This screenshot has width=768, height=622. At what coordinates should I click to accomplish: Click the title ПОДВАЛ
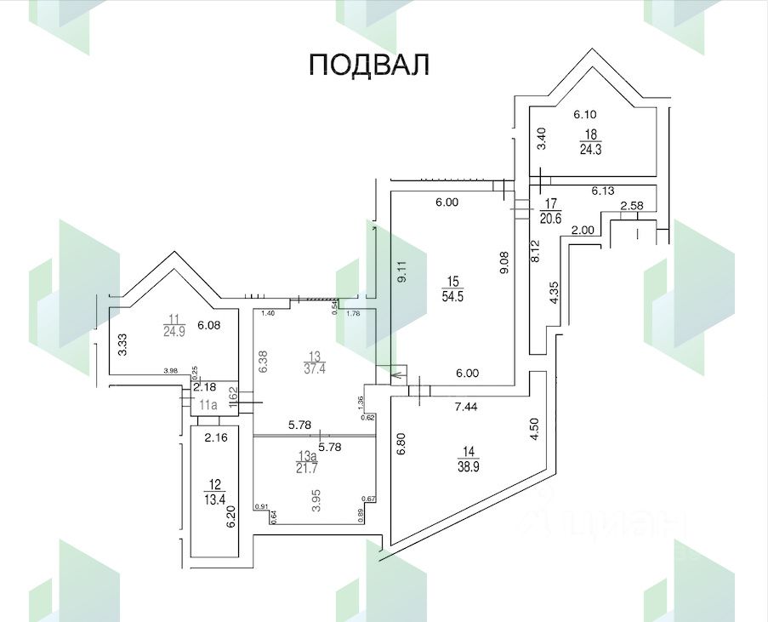click(x=368, y=65)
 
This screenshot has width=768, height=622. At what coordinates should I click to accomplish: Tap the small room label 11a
click(x=208, y=404)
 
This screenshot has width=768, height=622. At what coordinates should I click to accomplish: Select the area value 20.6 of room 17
click(x=552, y=217)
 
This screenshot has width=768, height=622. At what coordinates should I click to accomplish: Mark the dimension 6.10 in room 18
click(x=586, y=114)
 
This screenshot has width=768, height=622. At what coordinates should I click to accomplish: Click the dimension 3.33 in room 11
click(x=122, y=345)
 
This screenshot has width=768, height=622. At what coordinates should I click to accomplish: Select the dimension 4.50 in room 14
click(x=533, y=428)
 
